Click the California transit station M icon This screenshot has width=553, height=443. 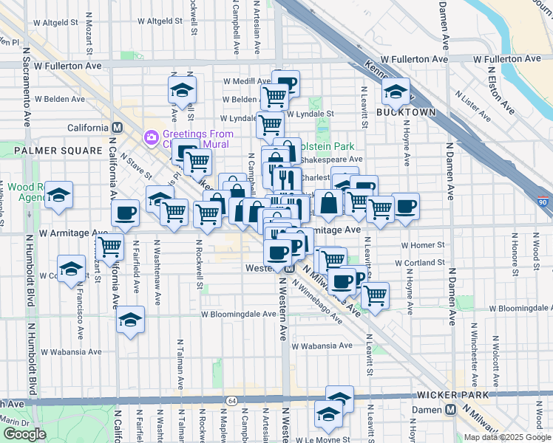[116, 128]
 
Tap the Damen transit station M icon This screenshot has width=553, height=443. [450, 410]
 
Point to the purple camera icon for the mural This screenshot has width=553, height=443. [152, 137]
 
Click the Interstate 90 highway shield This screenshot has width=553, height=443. [543, 201]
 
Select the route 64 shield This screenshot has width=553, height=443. [231, 400]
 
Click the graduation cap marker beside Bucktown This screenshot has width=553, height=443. [396, 92]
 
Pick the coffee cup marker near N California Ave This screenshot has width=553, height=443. [125, 213]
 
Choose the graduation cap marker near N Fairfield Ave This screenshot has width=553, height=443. [130, 320]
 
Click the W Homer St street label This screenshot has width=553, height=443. [423, 245]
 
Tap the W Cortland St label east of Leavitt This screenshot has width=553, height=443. [420, 262]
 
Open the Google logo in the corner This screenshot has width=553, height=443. [24, 434]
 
